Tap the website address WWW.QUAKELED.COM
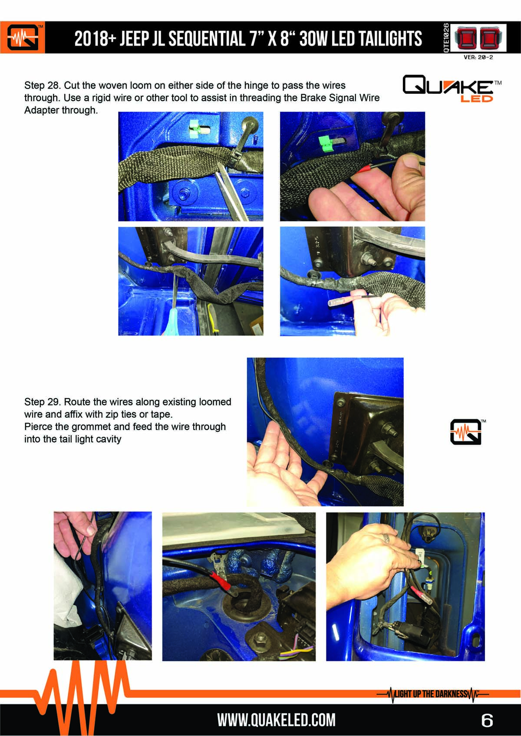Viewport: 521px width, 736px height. [276, 720]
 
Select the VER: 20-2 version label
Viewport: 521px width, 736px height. [478, 57]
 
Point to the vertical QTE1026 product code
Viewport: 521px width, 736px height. [446, 38]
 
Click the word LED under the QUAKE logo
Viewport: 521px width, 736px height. [476, 99]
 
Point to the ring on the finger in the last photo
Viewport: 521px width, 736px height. [386, 538]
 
